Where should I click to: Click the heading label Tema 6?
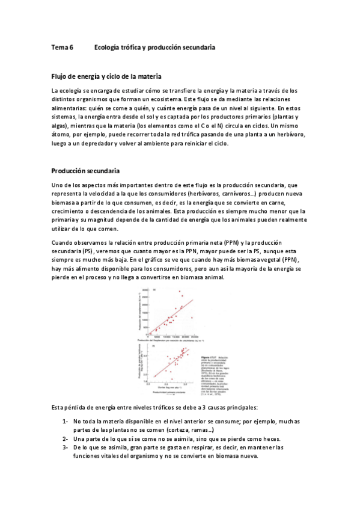[62, 46]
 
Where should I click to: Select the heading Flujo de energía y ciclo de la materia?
[106, 76]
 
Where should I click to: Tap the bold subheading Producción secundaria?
[85, 170]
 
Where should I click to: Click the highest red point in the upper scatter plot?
[179, 292]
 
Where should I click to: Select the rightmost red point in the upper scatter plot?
[192, 318]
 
